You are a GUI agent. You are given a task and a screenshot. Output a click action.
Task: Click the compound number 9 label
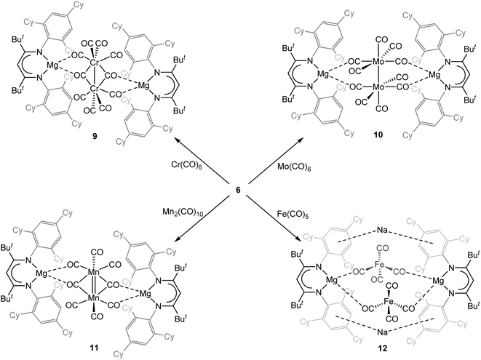[95, 137]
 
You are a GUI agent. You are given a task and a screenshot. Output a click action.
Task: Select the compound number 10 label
[378, 134]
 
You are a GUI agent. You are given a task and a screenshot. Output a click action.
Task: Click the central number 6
[238, 191]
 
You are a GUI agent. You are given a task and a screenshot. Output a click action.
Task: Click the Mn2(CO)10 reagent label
[183, 212]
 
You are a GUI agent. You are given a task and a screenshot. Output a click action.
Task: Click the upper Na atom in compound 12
[382, 229]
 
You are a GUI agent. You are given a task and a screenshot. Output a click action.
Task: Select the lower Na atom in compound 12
[382, 332]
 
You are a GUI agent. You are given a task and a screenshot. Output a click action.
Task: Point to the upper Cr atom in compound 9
[95, 63]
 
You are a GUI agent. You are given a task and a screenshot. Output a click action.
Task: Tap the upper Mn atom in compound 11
[94, 272]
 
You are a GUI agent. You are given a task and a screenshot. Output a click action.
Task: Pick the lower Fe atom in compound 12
[389, 302]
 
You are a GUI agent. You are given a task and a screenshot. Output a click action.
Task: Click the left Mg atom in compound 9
[52, 65]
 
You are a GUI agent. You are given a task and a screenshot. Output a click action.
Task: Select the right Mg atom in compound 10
[434, 74]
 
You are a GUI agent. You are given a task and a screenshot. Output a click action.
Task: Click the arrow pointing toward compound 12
[272, 218]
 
